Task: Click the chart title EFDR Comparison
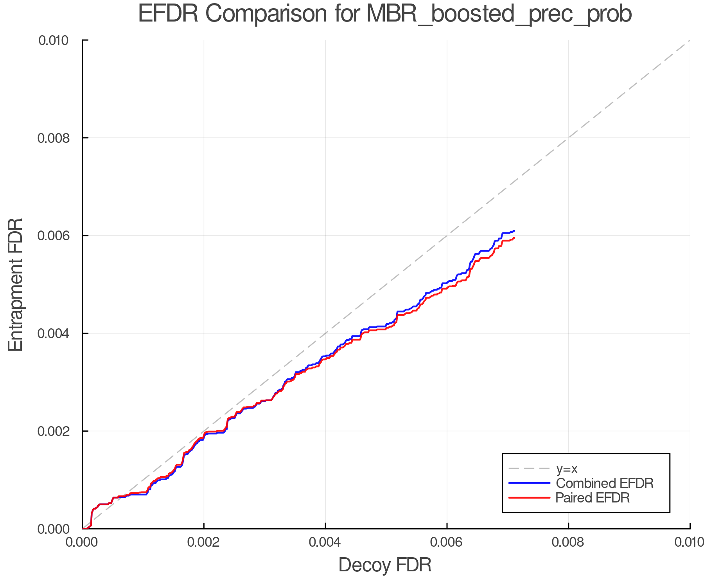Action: [385, 14]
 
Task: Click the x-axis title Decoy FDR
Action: [385, 565]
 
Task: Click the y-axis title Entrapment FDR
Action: [16, 284]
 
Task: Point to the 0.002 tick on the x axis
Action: [204, 542]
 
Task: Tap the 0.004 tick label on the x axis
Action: [325, 542]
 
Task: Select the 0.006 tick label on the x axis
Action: [447, 542]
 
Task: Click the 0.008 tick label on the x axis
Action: [568, 542]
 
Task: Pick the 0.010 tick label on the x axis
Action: [689, 542]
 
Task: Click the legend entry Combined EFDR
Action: [605, 483]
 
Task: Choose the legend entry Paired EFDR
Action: [593, 498]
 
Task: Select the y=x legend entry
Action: [567, 468]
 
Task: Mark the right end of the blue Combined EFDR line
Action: [514, 231]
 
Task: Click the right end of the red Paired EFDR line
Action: [514, 238]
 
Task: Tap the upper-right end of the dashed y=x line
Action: [690, 40]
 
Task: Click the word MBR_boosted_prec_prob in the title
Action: [499, 14]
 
